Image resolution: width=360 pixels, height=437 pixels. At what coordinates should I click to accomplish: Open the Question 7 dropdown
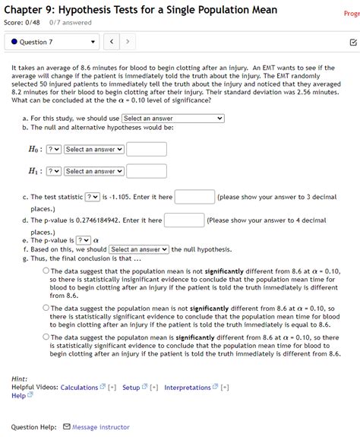[50, 41]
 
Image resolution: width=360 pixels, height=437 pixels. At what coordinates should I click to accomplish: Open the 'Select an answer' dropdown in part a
[172, 119]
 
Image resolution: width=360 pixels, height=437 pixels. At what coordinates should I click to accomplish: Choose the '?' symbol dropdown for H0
[54, 150]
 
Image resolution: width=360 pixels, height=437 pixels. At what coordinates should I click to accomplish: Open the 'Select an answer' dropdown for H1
[93, 172]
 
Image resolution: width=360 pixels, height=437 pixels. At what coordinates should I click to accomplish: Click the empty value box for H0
[146, 150]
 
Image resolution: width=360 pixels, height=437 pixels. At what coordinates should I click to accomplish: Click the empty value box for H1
[146, 172]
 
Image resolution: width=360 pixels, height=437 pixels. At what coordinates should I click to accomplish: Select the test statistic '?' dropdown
[92, 197]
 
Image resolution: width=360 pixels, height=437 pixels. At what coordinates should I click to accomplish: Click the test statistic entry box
[194, 197]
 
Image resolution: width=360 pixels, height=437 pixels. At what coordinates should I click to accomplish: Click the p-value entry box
[184, 220]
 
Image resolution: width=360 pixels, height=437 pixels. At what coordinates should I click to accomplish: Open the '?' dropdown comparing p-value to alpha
[83, 240]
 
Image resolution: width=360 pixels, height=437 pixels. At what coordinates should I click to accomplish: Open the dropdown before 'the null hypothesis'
[139, 249]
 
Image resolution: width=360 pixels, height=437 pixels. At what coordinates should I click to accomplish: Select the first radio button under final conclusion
[46, 270]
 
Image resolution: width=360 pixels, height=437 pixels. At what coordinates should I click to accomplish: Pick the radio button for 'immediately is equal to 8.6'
[46, 308]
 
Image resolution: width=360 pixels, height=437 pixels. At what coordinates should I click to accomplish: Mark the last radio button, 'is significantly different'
[46, 337]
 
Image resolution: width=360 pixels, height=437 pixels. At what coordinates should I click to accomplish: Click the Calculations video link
[79, 388]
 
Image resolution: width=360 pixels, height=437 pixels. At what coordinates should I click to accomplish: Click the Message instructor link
[100, 427]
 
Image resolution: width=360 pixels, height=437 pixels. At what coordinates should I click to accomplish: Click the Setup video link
[131, 388]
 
